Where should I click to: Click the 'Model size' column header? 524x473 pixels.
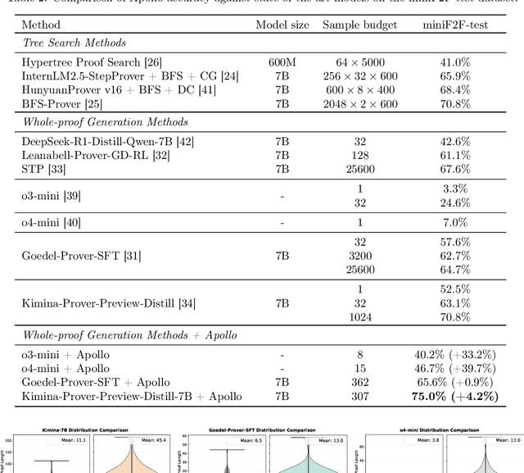tap(282, 25)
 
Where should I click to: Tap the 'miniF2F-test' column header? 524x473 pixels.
tap(454, 25)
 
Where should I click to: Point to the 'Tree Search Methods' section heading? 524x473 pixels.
tap(74, 43)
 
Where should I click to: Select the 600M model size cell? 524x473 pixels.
tap(282, 61)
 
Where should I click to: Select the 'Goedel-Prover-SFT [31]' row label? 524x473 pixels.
tap(81, 256)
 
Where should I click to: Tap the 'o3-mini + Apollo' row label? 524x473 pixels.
tap(65, 355)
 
